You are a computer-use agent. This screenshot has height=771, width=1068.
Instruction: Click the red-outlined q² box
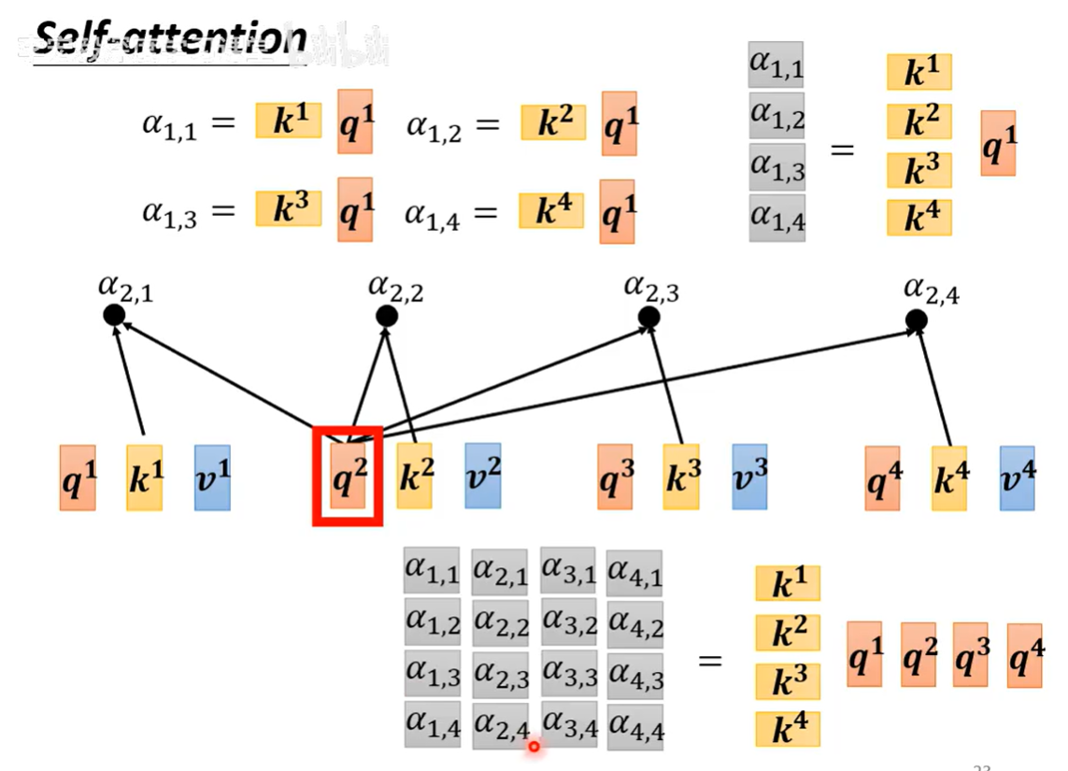(347, 475)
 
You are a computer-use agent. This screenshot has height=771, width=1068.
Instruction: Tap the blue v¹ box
(212, 477)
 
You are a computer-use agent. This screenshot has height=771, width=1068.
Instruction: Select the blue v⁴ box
(1017, 478)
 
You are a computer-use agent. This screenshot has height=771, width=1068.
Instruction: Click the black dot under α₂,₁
(114, 315)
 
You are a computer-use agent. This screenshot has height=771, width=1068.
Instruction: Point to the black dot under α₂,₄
(916, 321)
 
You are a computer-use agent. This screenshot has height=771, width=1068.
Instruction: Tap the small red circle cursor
(534, 746)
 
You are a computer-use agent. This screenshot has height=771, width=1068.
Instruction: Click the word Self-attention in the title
(170, 39)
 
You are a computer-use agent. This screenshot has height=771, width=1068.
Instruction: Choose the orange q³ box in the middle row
(616, 477)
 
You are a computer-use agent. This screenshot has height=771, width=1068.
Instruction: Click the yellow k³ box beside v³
(681, 477)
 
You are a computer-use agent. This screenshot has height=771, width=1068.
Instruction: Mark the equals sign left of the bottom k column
(711, 661)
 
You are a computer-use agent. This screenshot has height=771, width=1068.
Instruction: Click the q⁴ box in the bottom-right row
(1025, 656)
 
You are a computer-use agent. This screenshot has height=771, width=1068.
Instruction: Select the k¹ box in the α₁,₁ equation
(288, 121)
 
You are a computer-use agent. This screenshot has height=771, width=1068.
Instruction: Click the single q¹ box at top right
(998, 142)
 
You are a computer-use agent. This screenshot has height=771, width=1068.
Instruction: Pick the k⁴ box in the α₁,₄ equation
(551, 211)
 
